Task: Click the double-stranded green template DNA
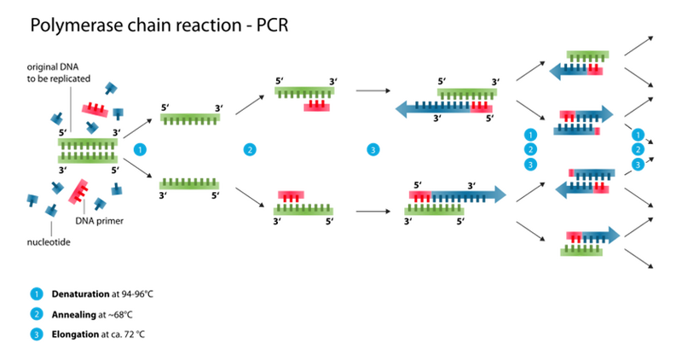[88, 149]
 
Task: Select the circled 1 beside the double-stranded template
[141, 149]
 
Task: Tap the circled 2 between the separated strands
[249, 149]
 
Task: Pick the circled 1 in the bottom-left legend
[36, 293]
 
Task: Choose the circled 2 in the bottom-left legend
[36, 314]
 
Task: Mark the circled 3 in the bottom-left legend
[36, 334]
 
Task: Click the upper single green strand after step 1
[189, 117]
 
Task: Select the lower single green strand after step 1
[189, 183]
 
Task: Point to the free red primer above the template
[93, 108]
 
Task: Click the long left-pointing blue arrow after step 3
[431, 108]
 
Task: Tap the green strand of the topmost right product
[587, 55]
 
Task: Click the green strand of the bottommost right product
[581, 251]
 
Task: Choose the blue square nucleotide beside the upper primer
[118, 111]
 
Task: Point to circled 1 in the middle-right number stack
[530, 135]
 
